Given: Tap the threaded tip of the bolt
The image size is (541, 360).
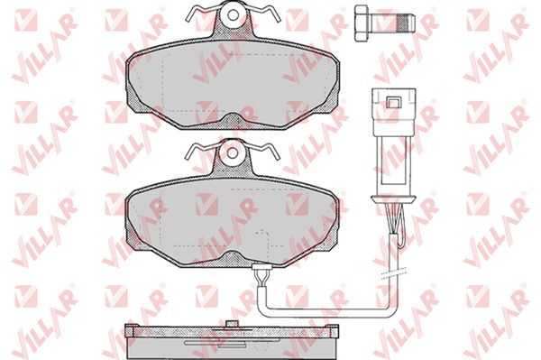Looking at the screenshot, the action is [405, 23].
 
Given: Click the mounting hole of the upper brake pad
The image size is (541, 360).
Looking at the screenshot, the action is [233, 14].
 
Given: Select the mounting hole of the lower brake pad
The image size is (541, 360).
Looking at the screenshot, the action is [233, 152].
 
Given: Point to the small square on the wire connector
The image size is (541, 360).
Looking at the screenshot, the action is [393, 103].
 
